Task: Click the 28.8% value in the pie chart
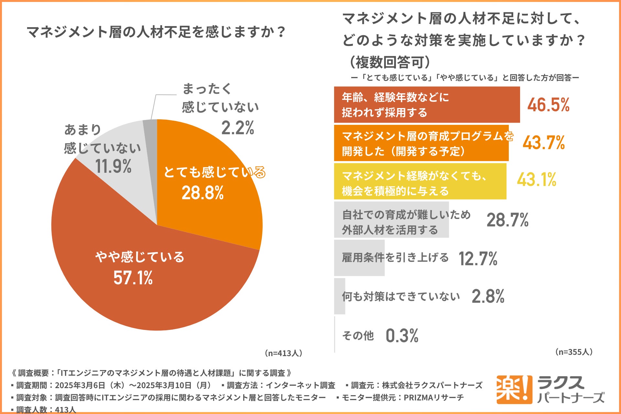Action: pos(202,193)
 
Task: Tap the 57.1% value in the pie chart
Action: pos(133,278)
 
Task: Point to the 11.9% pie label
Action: pos(113,166)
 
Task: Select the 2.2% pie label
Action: pos(238,128)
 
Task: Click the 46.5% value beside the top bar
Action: pos(548,105)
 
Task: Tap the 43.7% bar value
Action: pos(544,143)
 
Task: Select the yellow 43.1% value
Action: pos(537,180)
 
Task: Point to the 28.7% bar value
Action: pos(507,220)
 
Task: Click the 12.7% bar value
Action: pos(478,259)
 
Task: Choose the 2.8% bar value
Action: pos(488,296)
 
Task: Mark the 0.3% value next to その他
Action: pos(402,336)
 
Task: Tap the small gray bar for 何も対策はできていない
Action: pos(339,296)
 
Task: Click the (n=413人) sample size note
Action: pos(283,353)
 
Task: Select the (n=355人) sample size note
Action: pos(574,352)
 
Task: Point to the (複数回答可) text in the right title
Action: pos(390,62)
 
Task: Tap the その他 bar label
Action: pos(358,336)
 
